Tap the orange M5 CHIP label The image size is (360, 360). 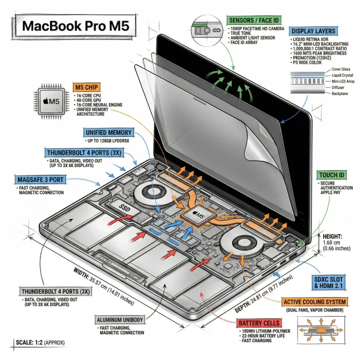pyautogui.click(x=88, y=87)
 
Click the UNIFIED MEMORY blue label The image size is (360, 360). pyautogui.click(x=108, y=133)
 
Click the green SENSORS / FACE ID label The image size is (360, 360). pyautogui.click(x=253, y=20)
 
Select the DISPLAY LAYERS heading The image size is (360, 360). pyautogui.click(x=313, y=31)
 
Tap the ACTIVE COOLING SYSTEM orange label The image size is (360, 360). pyautogui.click(x=315, y=301)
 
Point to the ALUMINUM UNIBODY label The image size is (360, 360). pyautogui.click(x=120, y=320)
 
